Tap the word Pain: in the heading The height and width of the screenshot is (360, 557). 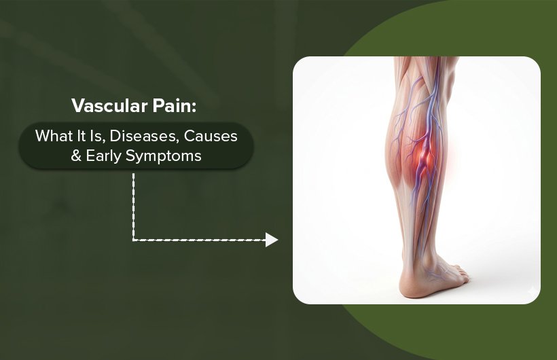tap(173, 107)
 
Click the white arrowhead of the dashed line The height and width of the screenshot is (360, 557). tap(272, 240)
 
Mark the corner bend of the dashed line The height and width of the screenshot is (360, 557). tap(134, 240)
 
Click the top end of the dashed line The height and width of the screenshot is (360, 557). tap(134, 175)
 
